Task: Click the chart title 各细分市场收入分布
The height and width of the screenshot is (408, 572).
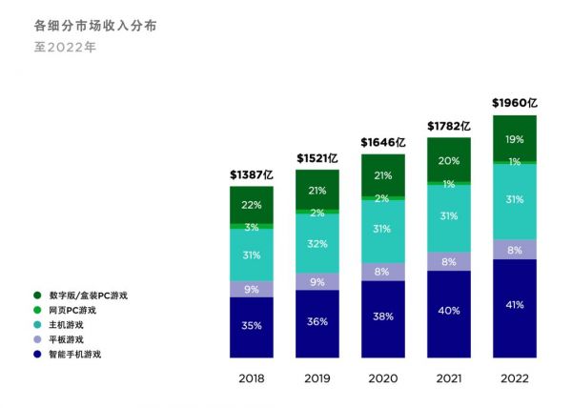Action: pos(95,26)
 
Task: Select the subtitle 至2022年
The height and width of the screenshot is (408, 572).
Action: pos(65,46)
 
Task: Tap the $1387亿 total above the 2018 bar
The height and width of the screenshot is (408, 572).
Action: pos(252,174)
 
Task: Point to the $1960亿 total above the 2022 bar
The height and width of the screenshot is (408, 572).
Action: pos(515,102)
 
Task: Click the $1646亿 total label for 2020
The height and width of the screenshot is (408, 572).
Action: pos(383,142)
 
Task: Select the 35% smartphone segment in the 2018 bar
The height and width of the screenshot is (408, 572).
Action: pos(252,326)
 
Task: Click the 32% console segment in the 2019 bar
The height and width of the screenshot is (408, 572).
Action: pos(317,242)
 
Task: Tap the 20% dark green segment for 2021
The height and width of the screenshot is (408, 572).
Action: pos(449,161)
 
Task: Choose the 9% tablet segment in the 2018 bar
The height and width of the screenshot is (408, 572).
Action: pos(252,289)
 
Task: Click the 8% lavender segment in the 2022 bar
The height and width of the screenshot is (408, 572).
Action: pos(515,250)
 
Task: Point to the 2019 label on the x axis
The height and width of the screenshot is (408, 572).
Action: pos(317,378)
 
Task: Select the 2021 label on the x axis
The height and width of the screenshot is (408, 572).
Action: pos(449,378)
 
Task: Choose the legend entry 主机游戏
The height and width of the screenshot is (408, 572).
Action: pos(67,324)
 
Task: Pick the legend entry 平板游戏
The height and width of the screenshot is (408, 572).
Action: pos(67,339)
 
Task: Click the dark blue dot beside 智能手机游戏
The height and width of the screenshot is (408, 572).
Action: pos(36,354)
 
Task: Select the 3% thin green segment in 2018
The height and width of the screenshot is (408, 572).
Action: pos(252,227)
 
